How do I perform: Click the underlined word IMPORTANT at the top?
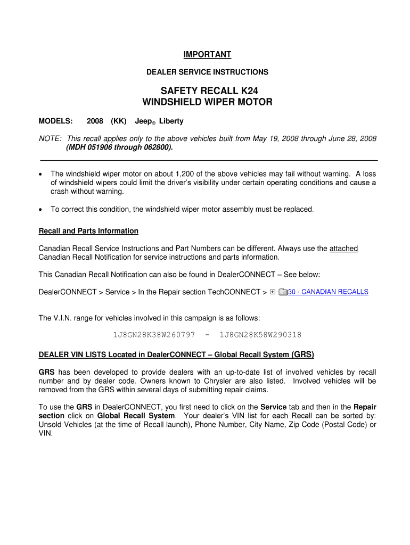207,54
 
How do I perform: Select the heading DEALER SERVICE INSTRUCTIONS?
207,72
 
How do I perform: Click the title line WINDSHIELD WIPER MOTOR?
207,102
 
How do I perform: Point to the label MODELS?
56,121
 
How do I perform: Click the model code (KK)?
119,121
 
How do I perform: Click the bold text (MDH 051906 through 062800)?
119,147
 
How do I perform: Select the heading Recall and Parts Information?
88,231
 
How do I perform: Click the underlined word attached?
343,249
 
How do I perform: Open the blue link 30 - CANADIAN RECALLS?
327,292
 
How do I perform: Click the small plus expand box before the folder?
273,292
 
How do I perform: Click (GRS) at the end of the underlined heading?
302,354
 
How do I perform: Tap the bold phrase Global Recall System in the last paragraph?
136,416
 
